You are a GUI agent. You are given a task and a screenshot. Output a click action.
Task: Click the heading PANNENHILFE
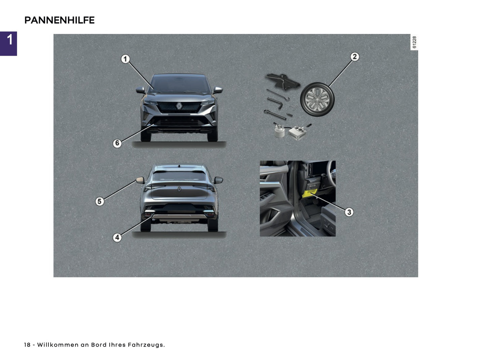(60, 20)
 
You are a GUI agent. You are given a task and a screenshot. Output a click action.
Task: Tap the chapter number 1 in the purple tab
(9, 40)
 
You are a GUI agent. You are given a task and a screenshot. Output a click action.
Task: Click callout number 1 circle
(125, 59)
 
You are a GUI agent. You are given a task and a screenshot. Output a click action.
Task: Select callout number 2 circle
(354, 57)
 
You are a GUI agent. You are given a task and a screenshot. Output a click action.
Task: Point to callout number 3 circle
(349, 212)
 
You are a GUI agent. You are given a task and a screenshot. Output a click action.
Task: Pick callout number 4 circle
(117, 238)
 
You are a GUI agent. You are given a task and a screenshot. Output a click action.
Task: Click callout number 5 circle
(99, 201)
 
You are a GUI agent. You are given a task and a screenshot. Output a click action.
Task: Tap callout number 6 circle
(117, 143)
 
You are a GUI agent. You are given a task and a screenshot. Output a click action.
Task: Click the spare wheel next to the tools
(317, 99)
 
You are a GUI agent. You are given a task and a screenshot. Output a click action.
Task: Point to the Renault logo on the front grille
(179, 106)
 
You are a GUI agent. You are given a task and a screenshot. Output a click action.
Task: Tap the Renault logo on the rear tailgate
(179, 189)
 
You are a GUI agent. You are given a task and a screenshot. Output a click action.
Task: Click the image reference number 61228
(414, 42)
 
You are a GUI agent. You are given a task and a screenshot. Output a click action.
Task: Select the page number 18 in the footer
(27, 345)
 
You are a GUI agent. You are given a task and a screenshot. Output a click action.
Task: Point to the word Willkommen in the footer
(58, 345)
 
